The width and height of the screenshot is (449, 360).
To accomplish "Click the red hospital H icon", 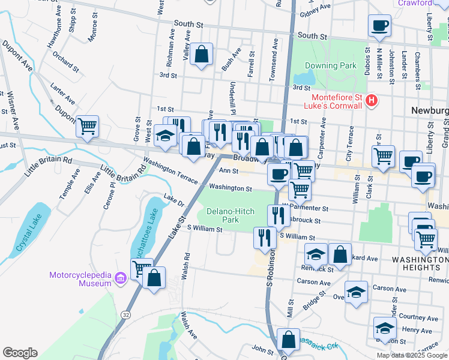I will (372, 100).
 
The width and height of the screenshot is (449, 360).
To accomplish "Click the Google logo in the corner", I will (20, 353).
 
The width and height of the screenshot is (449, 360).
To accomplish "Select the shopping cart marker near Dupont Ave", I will (88, 127).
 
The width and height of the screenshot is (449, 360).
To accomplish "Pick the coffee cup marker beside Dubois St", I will (379, 26).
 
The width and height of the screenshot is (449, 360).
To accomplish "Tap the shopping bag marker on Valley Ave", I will (202, 53).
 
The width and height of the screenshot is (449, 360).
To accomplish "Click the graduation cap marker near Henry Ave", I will (385, 328).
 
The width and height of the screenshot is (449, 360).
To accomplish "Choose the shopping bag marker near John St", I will (289, 340).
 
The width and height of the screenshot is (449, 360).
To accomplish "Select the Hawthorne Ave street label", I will (58, 22).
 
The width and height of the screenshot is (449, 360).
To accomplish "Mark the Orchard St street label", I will (65, 61).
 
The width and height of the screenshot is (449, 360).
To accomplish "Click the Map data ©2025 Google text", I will (412, 355).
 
